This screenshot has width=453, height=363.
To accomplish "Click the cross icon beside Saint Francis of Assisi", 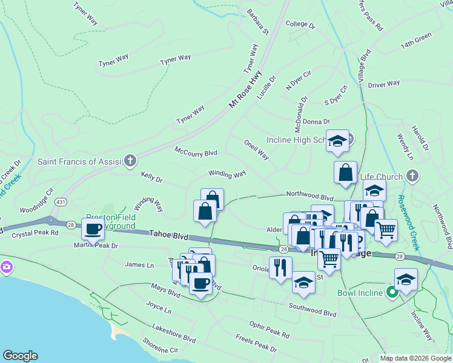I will (x=130, y=161).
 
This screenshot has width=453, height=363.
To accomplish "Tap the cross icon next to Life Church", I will (x=412, y=176).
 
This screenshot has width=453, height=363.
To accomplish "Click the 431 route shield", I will (x=60, y=200).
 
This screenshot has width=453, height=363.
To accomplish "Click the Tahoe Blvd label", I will (x=170, y=235).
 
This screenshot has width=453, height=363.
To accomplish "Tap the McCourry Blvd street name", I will (x=196, y=151).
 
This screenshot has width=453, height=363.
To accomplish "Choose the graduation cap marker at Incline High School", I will (x=337, y=142).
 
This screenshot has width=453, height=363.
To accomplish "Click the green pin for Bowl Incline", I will (x=392, y=293).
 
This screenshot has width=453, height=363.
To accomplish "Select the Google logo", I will (x=20, y=356).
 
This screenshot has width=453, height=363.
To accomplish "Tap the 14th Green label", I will (x=415, y=45).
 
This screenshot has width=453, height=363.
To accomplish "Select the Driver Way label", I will (x=384, y=83).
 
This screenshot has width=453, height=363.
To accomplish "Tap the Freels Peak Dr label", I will (x=256, y=345).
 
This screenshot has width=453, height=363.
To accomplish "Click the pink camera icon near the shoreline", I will (x=6, y=266).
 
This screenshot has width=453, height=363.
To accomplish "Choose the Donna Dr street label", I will (x=316, y=122).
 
